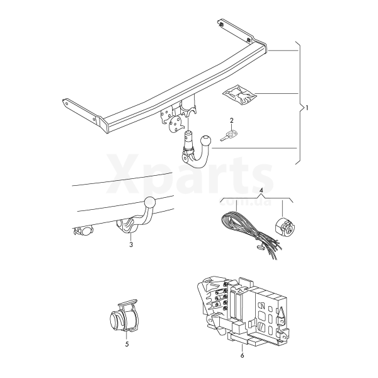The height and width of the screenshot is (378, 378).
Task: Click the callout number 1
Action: (x=307, y=108)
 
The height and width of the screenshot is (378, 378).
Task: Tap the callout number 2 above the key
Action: (x=232, y=120)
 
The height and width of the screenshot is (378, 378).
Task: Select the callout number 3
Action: (x=131, y=244)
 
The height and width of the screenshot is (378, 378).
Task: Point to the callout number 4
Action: (x=262, y=190)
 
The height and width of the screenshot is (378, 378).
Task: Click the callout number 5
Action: (x=127, y=344)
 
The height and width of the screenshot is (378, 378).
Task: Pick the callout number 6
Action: (x=243, y=355)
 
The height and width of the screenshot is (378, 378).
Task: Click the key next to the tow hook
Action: (x=229, y=135)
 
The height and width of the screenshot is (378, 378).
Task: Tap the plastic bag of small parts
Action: (x=239, y=94)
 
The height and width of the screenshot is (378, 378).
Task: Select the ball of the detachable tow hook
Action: (x=206, y=140)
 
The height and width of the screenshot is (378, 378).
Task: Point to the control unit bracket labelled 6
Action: (x=243, y=311)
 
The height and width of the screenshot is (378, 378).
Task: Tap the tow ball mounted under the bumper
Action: (x=150, y=202)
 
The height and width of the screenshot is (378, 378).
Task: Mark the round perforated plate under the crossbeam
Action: (x=175, y=124)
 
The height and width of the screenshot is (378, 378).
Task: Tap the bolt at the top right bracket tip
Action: (x=221, y=24)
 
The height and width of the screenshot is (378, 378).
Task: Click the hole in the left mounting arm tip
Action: (x=67, y=103)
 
